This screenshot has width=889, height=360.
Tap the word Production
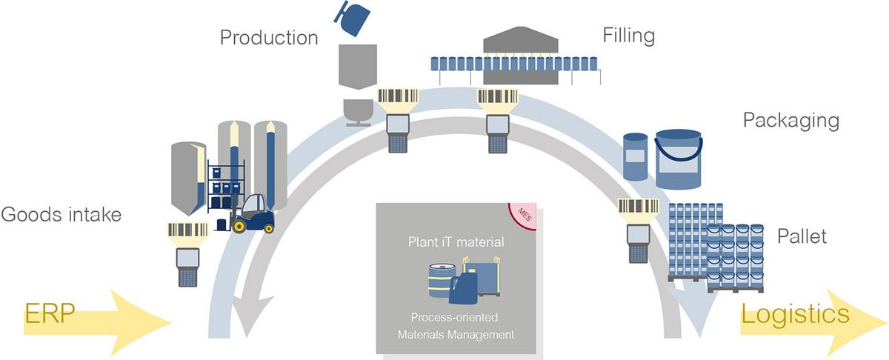(x=269, y=37)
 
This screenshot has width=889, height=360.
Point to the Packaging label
(x=790, y=121)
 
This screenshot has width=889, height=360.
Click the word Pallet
(x=802, y=238)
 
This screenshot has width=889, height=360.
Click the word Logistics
(x=796, y=314)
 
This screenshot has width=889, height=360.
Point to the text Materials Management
(x=456, y=335)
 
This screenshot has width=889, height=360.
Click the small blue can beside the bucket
(x=635, y=157)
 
